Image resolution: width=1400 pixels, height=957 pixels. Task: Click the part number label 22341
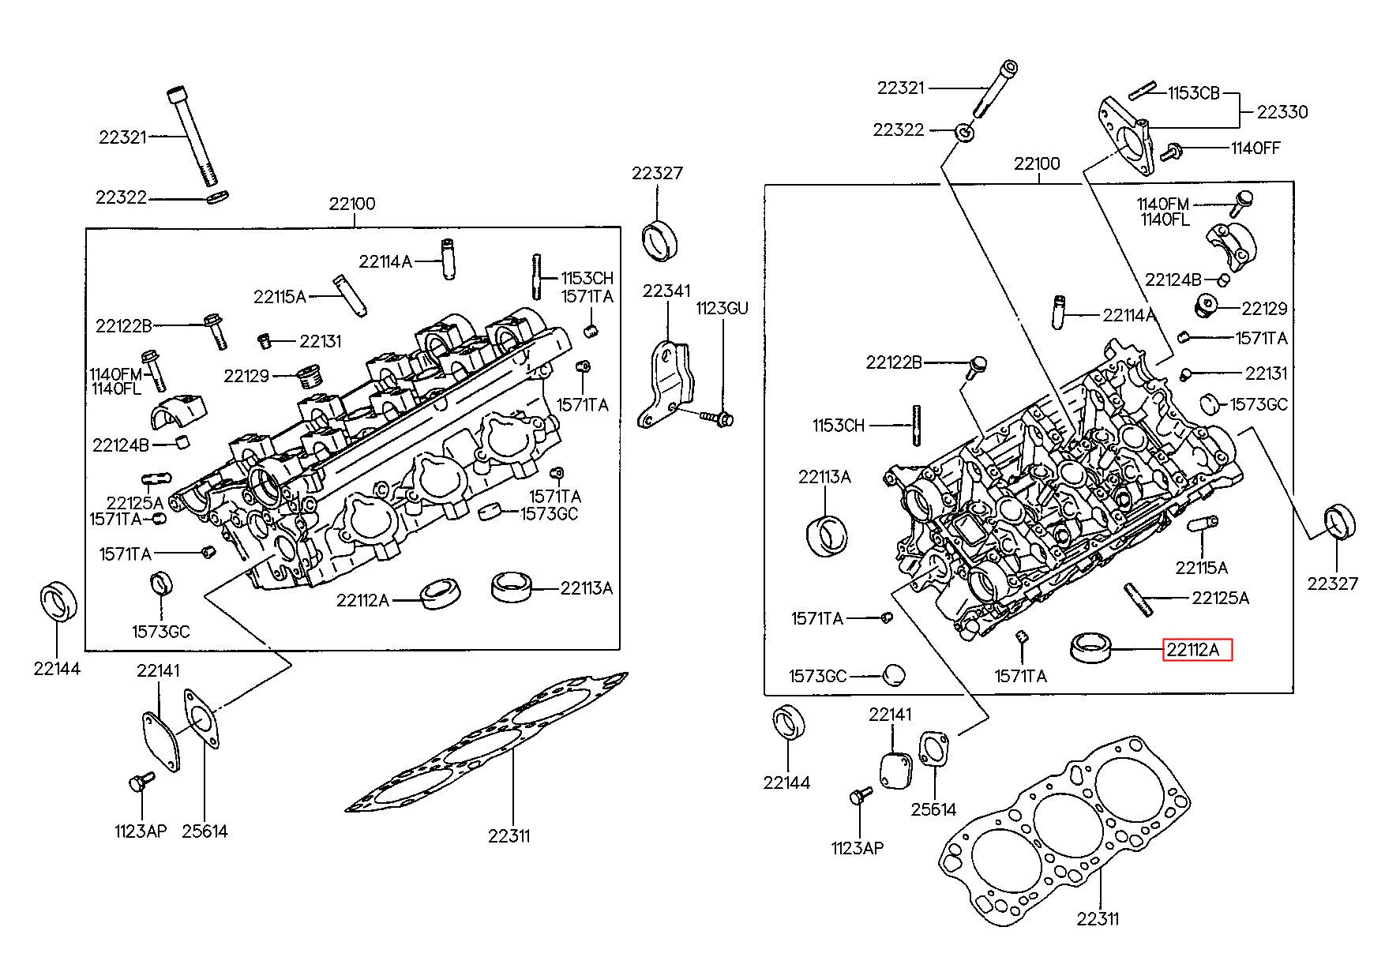point(666,291)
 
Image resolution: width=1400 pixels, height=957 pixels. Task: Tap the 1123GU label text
point(721,308)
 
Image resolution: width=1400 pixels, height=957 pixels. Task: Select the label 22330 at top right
point(1282,112)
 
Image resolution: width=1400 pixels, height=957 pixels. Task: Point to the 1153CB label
point(1194,93)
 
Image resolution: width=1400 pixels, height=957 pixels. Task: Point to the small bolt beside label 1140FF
point(1173,148)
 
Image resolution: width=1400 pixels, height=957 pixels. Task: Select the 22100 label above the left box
point(352,205)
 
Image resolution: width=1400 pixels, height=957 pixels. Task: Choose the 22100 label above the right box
point(1037,164)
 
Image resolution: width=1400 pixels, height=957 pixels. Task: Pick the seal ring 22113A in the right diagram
point(827,535)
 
